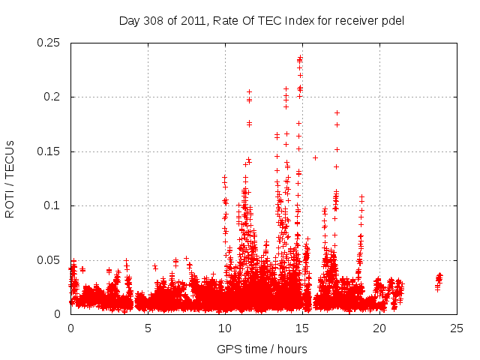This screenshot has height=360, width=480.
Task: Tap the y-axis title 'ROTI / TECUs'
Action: point(10,178)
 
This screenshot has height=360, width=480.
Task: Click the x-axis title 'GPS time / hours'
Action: point(262,349)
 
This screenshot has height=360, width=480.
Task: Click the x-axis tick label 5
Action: point(148,328)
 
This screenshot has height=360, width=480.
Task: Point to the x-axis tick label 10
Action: point(225,328)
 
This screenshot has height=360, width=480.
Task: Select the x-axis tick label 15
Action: point(302,328)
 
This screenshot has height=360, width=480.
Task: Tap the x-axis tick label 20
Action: point(379,328)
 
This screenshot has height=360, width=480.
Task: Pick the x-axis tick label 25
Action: point(457,328)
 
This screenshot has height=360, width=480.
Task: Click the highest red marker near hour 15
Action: point(301,56)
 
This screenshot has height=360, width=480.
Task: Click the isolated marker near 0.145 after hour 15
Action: point(316,157)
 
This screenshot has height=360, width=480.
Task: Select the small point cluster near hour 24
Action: point(439,280)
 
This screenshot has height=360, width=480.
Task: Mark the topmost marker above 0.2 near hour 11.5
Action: point(250,91)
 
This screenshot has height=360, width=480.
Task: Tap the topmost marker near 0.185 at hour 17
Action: point(337,112)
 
